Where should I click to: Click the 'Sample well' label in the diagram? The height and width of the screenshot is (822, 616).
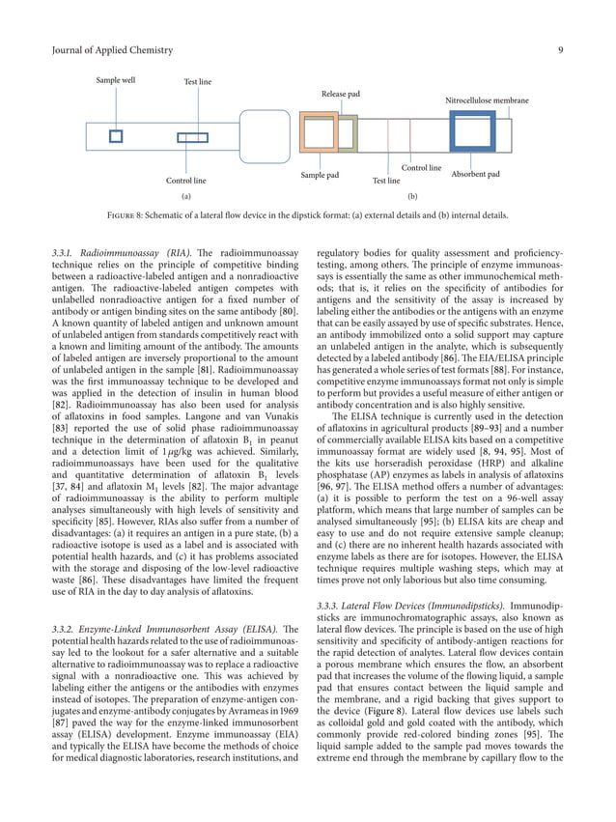(115, 81)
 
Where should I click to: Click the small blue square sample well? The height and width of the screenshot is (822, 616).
(116, 136)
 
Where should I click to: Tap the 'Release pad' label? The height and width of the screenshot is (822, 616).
(340, 94)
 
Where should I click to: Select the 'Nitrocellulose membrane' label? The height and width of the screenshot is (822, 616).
(487, 100)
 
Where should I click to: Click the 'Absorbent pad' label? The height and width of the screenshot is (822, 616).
(475, 175)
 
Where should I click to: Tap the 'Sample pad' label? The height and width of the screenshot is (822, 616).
(319, 176)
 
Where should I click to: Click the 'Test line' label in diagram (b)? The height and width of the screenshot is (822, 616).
(386, 181)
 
